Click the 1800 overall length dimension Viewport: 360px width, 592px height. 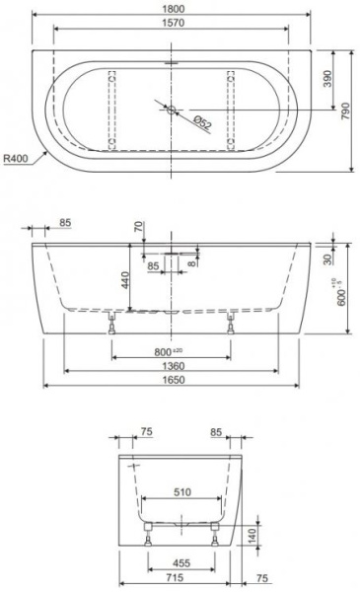[174, 8]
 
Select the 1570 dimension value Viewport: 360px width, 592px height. [174, 23]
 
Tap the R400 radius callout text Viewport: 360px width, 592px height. [16, 158]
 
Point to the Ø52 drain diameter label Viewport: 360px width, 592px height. [202, 123]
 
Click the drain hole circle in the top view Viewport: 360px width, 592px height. [172, 110]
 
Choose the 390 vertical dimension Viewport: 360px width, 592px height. [327, 79]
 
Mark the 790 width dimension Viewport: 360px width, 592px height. [345, 111]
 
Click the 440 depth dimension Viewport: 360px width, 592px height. [125, 280]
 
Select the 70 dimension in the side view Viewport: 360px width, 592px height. [139, 227]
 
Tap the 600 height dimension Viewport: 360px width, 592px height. [341, 294]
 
